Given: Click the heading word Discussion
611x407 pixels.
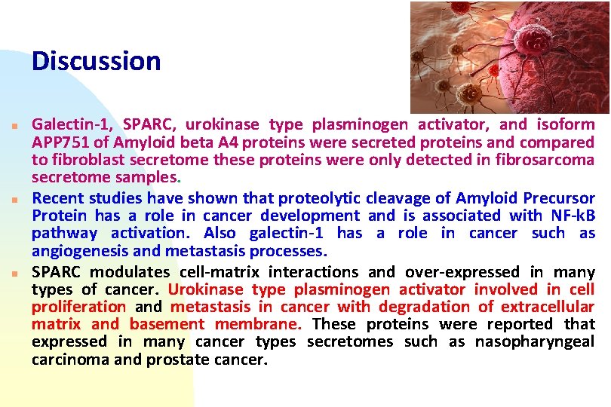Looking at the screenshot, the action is (x=96, y=61).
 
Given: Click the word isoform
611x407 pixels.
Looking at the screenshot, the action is (x=566, y=124).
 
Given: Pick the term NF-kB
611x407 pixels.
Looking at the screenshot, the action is (x=573, y=216).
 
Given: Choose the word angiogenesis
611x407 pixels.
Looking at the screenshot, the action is (x=80, y=251).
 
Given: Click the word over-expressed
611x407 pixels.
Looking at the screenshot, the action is (x=462, y=272).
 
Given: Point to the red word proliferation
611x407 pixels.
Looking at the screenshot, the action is (x=78, y=307).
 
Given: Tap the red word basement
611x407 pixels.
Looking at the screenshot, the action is (x=167, y=324).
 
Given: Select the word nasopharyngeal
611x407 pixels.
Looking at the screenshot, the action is (x=535, y=342).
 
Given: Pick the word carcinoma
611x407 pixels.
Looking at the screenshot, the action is (x=71, y=360).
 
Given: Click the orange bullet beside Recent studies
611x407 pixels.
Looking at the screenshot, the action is (x=15, y=200).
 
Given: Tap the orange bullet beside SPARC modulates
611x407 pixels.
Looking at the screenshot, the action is (x=15, y=274).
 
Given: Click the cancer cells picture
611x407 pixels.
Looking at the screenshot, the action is (x=510, y=57).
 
